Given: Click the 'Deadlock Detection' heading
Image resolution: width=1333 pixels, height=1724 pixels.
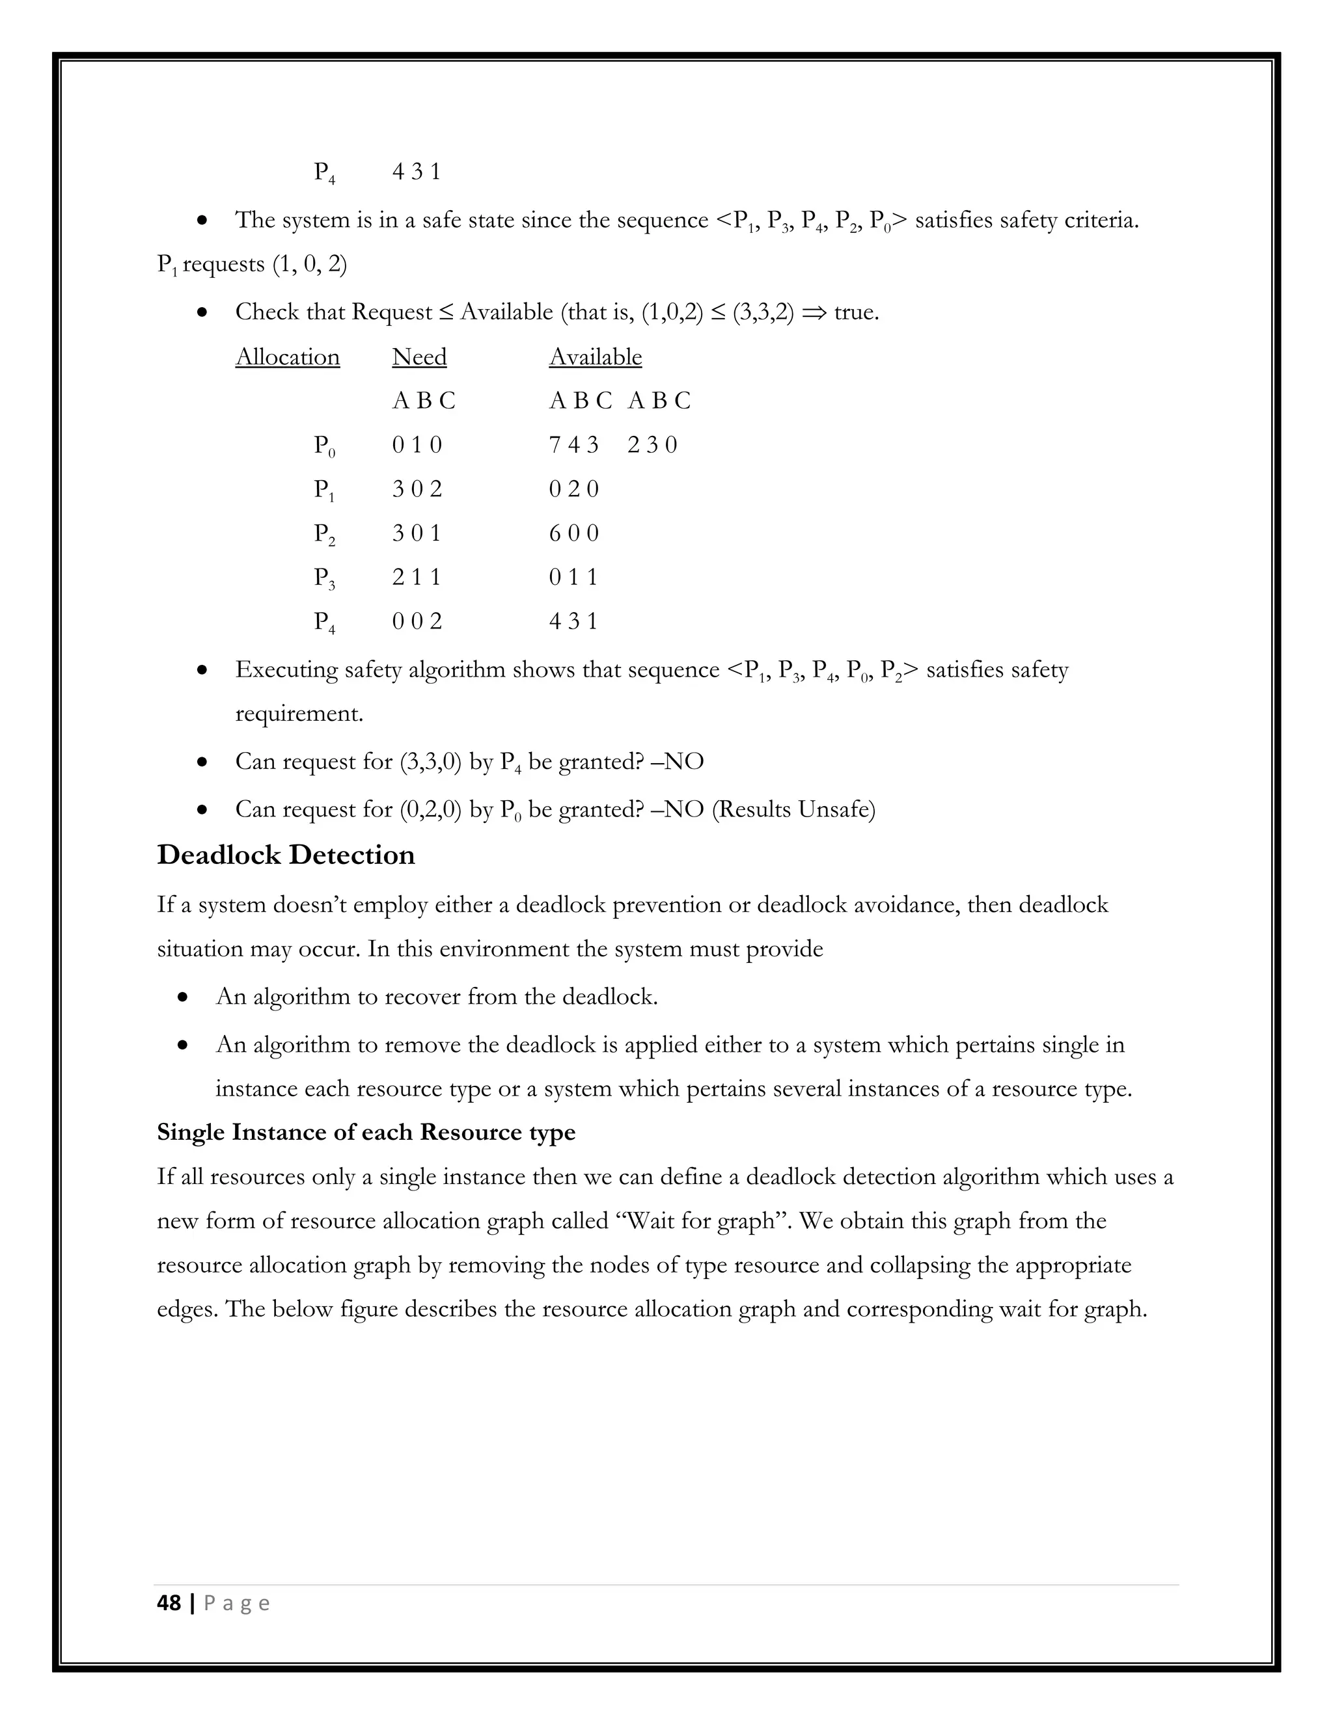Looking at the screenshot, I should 285,855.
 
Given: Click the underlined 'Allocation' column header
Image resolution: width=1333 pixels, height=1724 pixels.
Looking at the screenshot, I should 288,357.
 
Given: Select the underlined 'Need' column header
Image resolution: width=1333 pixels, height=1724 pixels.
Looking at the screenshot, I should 419,357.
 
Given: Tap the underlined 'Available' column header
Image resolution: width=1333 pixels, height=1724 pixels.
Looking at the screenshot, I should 596,357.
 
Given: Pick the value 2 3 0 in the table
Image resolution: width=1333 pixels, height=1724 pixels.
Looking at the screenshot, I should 652,445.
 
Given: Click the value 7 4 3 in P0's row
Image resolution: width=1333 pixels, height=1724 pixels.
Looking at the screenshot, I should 573,445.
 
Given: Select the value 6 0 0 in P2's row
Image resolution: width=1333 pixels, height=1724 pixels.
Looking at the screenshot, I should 573,533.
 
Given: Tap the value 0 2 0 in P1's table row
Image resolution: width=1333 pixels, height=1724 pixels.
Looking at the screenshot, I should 573,489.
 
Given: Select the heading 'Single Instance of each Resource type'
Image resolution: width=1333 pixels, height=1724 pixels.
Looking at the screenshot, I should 366,1132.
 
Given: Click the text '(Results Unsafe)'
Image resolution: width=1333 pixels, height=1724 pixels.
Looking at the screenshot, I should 793,810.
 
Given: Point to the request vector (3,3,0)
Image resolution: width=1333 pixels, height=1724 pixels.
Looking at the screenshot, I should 430,762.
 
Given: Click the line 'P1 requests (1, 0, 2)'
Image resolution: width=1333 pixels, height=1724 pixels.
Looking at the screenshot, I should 252,264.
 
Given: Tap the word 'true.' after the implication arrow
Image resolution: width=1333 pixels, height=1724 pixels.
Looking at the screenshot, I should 856,312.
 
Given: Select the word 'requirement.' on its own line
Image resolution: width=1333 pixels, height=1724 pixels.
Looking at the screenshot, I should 299,714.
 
